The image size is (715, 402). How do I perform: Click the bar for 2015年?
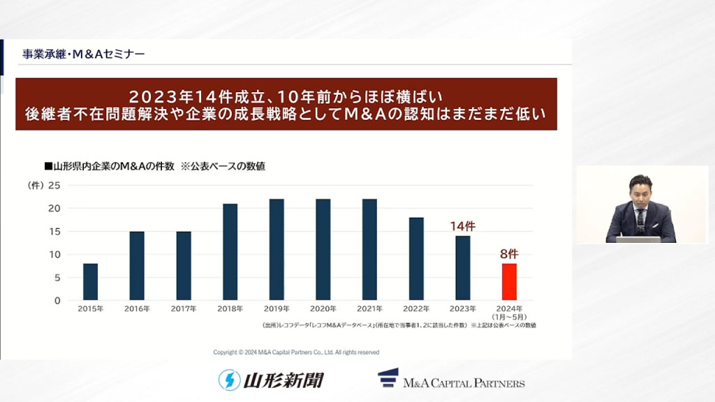(x=90, y=282)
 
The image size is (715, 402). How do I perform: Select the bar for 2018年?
(x=230, y=252)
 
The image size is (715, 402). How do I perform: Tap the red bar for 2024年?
(x=509, y=282)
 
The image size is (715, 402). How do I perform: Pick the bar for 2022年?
(x=416, y=259)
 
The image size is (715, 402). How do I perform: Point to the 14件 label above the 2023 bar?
(x=462, y=225)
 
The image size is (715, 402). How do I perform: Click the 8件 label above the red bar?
(x=509, y=253)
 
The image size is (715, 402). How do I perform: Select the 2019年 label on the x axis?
(x=277, y=308)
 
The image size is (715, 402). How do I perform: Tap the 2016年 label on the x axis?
(x=137, y=308)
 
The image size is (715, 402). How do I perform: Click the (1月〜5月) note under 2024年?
(x=509, y=317)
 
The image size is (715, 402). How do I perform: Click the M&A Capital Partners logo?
(x=451, y=379)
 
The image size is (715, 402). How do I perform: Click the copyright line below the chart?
(x=296, y=352)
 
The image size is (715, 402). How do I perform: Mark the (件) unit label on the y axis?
(x=35, y=185)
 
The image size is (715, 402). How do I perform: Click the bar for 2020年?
(x=323, y=250)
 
